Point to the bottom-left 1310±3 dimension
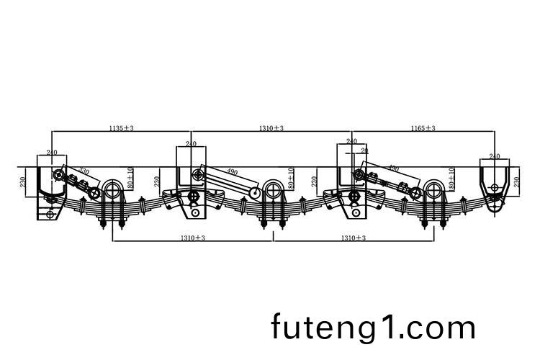[193, 237]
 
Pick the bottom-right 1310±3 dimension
[353, 237]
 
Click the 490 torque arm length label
[232, 172]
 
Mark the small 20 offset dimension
[364, 150]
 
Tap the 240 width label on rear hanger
[495, 156]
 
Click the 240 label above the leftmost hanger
[52, 152]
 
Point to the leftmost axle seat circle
[113, 190]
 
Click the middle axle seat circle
[273, 190]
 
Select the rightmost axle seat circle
[433, 190]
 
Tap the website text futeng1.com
[374, 328]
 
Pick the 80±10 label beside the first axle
[130, 178]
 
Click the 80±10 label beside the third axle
[451, 178]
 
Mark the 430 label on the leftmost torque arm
[84, 172]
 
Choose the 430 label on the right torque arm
[393, 168]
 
